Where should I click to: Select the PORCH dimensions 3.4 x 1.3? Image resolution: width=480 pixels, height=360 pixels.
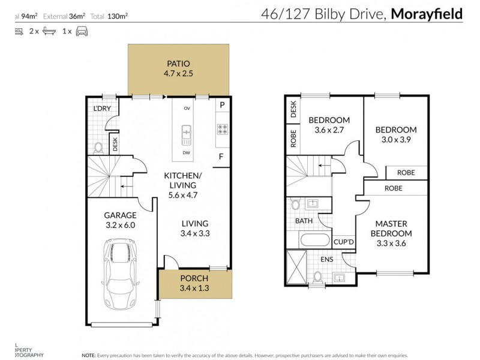coord(194,289)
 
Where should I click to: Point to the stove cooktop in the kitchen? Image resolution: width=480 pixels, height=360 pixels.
coord(222,128)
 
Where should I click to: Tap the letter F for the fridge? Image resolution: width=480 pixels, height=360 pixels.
coord(221,157)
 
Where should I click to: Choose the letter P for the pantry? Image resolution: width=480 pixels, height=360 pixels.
coord(222,105)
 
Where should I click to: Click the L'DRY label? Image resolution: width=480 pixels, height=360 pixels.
coord(102,109)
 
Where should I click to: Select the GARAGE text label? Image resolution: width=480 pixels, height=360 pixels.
coord(120,215)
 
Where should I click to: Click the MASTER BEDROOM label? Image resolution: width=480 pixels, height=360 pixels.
coord(391,228)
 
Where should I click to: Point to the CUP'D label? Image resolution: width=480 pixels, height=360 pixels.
coord(343,241)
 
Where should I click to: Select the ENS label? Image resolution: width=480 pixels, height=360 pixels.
coord(326,259)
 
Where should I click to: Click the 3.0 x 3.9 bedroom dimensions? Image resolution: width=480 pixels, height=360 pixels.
coord(395,140)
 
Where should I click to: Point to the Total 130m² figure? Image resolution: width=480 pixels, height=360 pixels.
coord(113,17)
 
